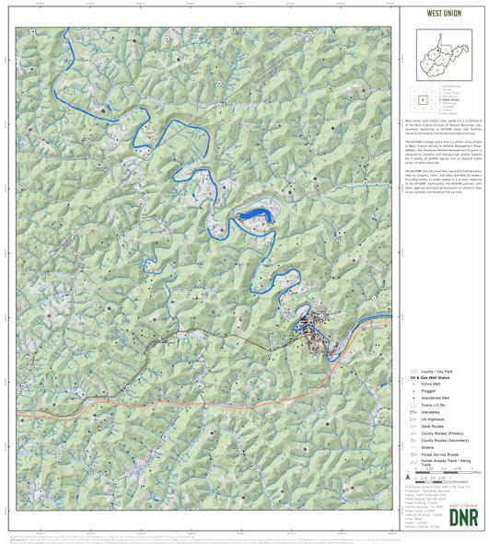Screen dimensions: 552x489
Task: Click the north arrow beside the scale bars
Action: click(407, 478)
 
